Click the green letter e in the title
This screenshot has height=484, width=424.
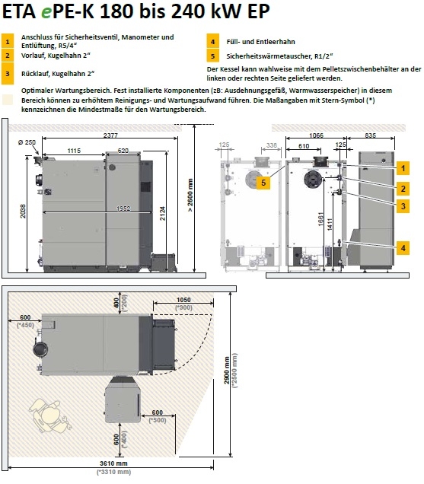46,12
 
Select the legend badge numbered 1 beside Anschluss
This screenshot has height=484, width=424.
8,41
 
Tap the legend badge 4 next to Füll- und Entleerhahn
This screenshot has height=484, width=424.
213,41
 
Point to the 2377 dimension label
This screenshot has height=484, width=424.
110,135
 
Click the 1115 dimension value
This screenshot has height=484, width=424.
74,151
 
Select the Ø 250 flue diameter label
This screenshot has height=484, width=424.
27,142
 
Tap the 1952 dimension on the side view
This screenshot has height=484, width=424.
123,209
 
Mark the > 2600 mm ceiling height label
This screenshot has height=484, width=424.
190,195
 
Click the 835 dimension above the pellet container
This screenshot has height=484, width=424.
370,135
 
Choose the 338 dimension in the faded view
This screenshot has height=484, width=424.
272,145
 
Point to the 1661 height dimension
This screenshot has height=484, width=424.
320,219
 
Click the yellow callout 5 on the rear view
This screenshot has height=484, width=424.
263,183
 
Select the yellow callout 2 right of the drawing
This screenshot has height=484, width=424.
403,188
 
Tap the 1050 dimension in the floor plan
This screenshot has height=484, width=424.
183,300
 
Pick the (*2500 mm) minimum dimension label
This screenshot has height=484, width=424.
235,371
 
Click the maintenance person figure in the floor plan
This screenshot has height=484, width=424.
51,415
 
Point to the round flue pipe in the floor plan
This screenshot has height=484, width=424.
40,349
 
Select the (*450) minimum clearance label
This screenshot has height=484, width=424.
25,325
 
